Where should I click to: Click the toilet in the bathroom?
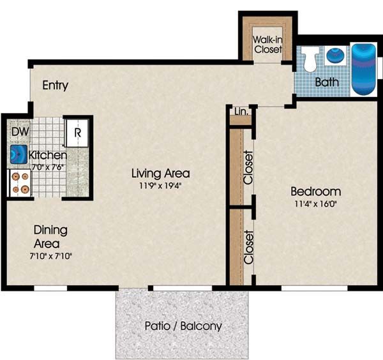pos(310,59)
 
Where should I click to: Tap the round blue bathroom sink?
pos(335,55)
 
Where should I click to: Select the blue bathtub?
pos(363,69)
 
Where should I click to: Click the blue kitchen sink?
pos(19,154)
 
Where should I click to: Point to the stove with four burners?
pos(20,183)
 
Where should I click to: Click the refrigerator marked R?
pos(77,133)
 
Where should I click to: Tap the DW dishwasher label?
pos(20,131)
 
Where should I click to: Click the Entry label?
pos(55,86)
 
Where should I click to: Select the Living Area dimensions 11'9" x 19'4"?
pos(160,186)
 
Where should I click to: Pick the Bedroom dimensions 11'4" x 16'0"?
pos(315,204)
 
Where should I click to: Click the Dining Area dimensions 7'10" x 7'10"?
pos(50,256)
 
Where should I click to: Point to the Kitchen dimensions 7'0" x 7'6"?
pos(48,167)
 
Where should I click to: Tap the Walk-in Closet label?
pos(267,45)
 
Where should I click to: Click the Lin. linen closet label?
pos(241,112)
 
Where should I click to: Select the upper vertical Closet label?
pos(248,167)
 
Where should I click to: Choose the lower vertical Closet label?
pos(249,247)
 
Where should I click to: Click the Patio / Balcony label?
pos(183,326)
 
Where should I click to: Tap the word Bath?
pos(327,82)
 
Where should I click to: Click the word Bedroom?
pos(315,191)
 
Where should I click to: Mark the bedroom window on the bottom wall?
pos(314,289)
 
